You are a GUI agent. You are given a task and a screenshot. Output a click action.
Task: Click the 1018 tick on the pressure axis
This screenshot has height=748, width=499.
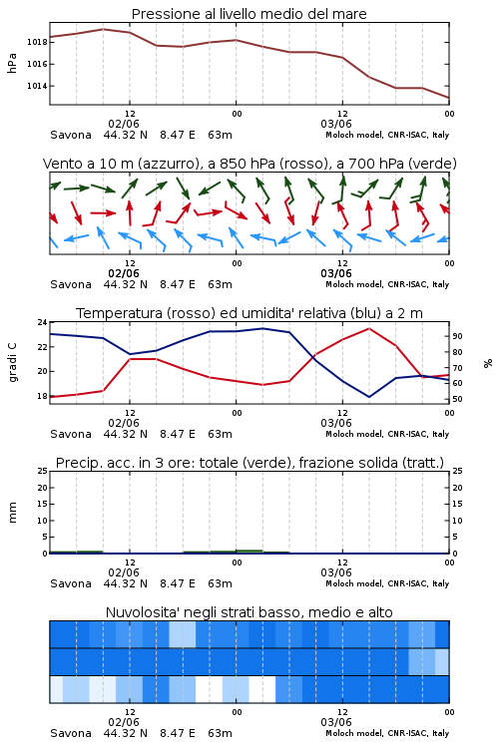(37, 42)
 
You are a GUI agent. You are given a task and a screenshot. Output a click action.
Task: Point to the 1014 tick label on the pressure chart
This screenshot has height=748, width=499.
(37, 86)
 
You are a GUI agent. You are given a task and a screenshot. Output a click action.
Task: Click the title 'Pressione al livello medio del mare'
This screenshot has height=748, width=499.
(249, 14)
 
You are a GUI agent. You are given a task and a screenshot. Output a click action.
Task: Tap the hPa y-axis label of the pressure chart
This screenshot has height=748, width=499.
(12, 63)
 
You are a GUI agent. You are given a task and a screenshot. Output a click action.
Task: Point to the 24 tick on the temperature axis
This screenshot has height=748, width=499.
(43, 322)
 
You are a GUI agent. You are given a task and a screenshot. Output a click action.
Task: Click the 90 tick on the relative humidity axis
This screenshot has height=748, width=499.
(457, 336)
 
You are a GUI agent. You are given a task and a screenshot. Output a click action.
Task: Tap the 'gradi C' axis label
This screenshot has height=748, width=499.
(13, 363)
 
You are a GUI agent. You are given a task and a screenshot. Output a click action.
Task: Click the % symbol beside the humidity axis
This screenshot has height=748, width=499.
(488, 363)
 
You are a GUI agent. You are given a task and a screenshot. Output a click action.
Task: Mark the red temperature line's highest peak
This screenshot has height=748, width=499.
(369, 328)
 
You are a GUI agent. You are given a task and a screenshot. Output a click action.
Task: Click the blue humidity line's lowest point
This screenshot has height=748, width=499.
(369, 397)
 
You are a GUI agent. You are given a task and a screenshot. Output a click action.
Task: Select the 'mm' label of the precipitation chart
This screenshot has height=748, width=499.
(13, 512)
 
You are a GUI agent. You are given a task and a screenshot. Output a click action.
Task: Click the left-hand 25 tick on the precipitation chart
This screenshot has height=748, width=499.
(43, 471)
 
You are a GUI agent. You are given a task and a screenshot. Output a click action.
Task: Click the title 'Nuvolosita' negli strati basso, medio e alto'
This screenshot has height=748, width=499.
(249, 612)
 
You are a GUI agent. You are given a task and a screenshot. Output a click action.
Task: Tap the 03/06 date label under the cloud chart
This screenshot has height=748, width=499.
(336, 722)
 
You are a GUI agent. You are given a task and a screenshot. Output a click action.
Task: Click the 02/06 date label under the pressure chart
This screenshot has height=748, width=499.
(124, 124)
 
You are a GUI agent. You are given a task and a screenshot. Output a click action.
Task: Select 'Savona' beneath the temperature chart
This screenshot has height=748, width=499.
(71, 434)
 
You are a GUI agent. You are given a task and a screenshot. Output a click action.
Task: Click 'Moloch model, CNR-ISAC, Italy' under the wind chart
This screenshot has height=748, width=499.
(387, 284)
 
